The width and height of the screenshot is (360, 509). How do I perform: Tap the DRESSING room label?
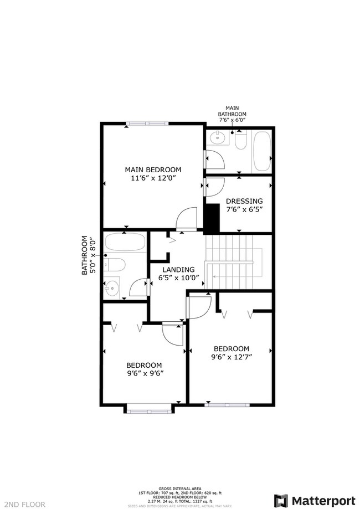pyautogui.click(x=244, y=201)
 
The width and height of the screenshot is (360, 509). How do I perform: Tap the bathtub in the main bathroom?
pyautogui.click(x=261, y=151)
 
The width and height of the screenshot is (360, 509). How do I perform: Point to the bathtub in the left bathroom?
pyautogui.click(x=125, y=243)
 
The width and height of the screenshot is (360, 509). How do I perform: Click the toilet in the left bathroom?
pyautogui.click(x=114, y=264)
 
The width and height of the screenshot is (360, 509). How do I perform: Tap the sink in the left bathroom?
pyautogui.click(x=112, y=287)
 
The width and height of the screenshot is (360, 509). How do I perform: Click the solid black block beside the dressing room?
pyautogui.click(x=212, y=218)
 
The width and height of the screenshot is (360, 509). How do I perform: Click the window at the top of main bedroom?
pyautogui.click(x=147, y=123)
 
